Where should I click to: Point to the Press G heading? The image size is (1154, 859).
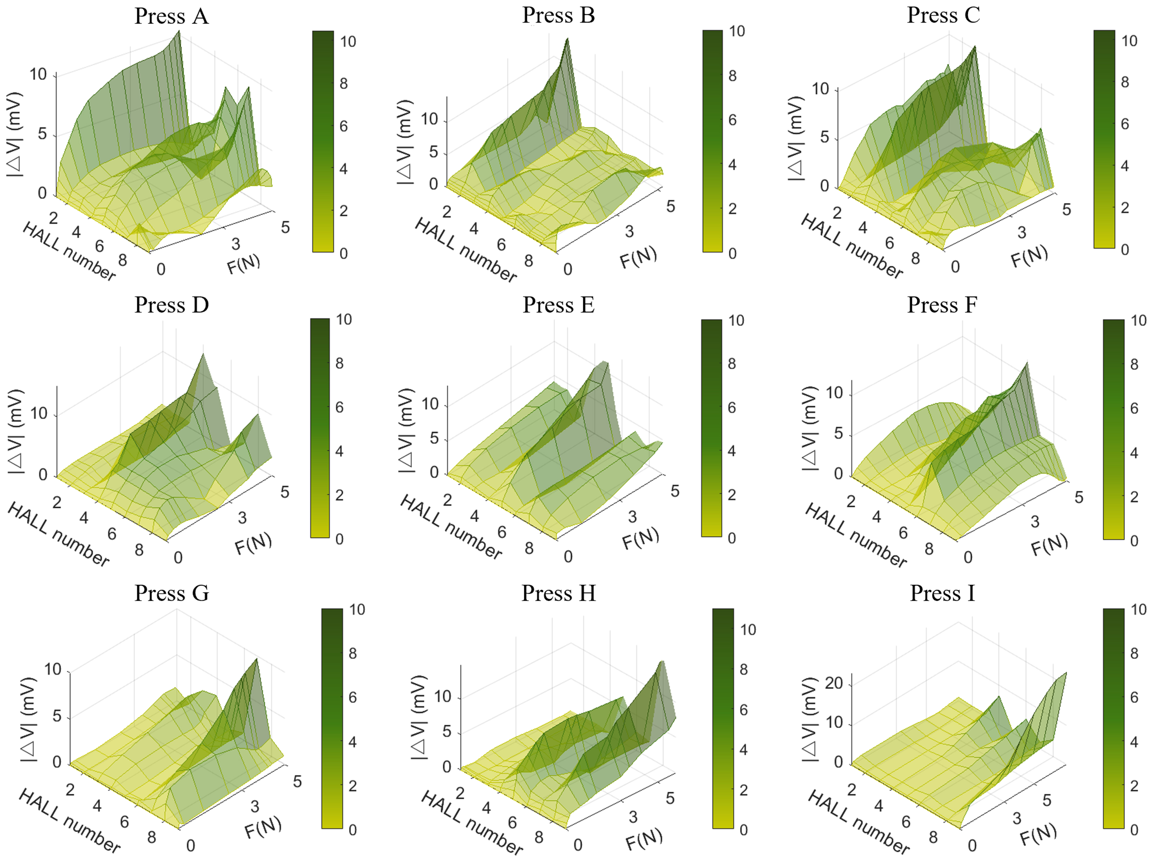pyautogui.click(x=171, y=593)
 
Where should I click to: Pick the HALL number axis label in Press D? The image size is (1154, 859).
pyautogui.click(x=58, y=534)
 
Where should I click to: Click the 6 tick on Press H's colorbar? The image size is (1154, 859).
pyautogui.click(x=743, y=710)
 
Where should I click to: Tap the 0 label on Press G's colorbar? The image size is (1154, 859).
pyautogui.click(x=353, y=830)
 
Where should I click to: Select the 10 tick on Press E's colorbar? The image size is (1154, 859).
pyautogui.click(x=736, y=321)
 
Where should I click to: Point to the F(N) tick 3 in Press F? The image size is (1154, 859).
pyautogui.click(x=1035, y=522)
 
